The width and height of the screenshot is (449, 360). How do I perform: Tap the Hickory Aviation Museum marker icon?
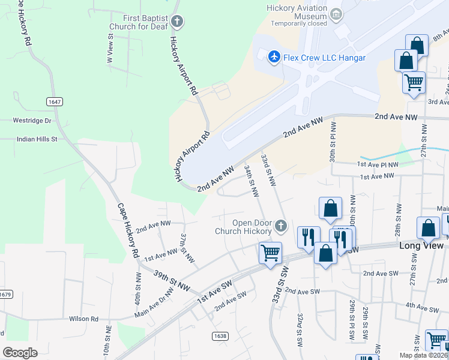(x=336, y=13)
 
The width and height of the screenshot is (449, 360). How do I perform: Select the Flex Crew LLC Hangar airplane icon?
(x=274, y=57)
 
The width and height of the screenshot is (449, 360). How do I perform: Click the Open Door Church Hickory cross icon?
(x=280, y=226)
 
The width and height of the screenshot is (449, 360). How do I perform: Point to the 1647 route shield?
(x=54, y=102)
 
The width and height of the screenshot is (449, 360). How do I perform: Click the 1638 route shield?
(x=220, y=336)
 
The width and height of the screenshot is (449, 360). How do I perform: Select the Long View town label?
(x=421, y=246)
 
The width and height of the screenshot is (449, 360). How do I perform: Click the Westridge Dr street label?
(x=32, y=121)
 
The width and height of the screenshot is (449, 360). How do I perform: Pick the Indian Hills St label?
(x=36, y=139)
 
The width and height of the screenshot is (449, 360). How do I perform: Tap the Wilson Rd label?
(x=83, y=319)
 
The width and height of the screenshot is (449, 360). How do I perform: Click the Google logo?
(x=20, y=352)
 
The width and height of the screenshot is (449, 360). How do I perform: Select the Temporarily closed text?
(x=299, y=24)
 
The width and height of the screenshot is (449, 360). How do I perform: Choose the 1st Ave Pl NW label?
(x=378, y=164)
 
